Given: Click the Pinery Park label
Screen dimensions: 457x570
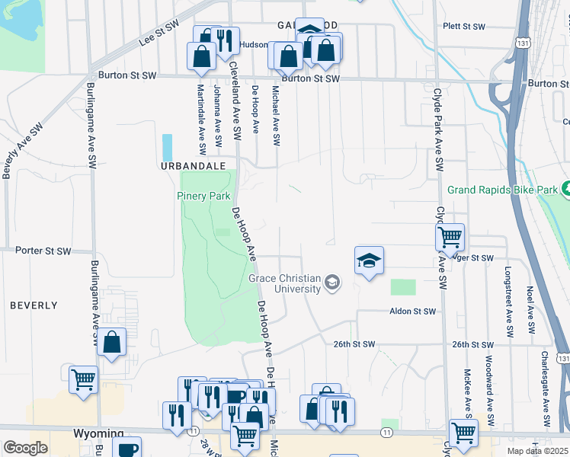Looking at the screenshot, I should click(x=203, y=196).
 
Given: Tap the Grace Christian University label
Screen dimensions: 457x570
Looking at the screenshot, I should click(x=284, y=283).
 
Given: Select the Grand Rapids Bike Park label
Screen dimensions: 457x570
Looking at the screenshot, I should click(x=502, y=189).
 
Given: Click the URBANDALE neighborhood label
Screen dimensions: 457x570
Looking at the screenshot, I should click(x=193, y=165).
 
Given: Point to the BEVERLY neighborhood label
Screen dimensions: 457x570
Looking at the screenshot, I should click(x=34, y=305).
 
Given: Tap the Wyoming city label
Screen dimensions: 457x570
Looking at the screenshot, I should click(x=94, y=433).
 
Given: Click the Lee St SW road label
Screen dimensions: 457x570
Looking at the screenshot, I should click(x=159, y=36).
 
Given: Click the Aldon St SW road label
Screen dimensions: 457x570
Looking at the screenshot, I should click(x=412, y=312).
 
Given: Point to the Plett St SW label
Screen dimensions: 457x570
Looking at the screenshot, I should click(x=464, y=27).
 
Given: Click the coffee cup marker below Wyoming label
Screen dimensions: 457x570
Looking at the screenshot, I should click(x=126, y=449).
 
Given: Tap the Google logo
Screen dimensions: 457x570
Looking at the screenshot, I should click(x=25, y=448).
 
